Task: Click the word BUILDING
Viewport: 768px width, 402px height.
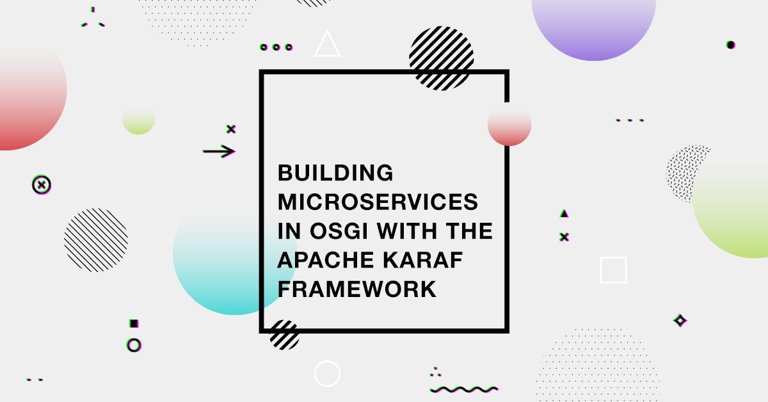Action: pyautogui.click(x=335, y=173)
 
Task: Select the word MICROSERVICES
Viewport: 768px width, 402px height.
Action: pyautogui.click(x=378, y=202)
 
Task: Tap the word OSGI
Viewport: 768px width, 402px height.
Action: pyautogui.click(x=339, y=231)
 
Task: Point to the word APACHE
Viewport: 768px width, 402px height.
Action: pyautogui.click(x=325, y=260)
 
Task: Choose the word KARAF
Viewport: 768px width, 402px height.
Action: pyautogui.click(x=423, y=260)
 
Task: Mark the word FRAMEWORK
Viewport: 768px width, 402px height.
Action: pyautogui.click(x=357, y=289)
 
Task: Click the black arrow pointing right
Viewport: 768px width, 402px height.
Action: pyautogui.click(x=219, y=151)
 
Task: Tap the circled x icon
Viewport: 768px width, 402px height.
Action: pyautogui.click(x=42, y=185)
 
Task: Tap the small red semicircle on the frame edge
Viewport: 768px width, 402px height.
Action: pyautogui.click(x=509, y=127)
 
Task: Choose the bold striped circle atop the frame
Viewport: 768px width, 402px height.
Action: pyautogui.click(x=441, y=58)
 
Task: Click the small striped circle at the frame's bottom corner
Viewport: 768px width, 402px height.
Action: pyautogui.click(x=284, y=335)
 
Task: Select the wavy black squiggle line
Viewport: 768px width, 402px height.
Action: pyautogui.click(x=464, y=389)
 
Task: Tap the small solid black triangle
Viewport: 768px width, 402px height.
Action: pyautogui.click(x=564, y=213)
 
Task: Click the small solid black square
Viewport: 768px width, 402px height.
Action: pyautogui.click(x=134, y=323)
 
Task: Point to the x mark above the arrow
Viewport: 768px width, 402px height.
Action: pyautogui.click(x=231, y=129)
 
